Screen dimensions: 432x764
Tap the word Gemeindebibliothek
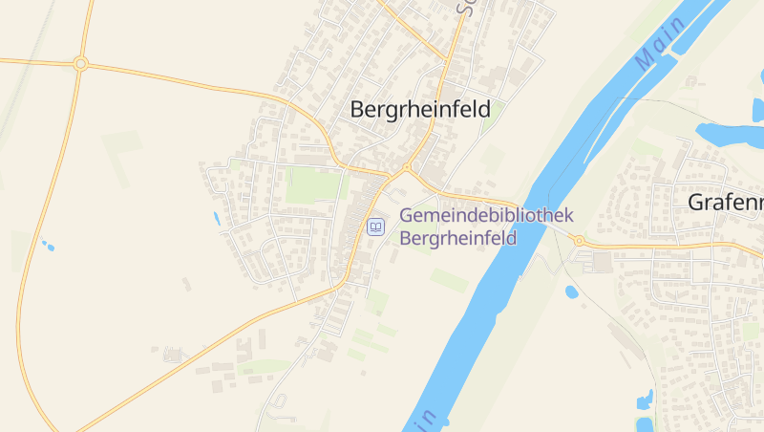click(486, 216)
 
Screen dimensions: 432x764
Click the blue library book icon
click(375, 227)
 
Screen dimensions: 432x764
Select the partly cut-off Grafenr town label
click(726, 203)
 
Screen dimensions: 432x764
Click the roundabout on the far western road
click(80, 64)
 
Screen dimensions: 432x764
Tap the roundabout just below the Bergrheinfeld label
click(407, 167)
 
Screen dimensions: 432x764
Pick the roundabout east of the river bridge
click(579, 240)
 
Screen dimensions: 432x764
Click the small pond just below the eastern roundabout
click(571, 292)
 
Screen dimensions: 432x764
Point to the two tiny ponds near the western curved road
click(46, 245)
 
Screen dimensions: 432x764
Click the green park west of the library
click(312, 185)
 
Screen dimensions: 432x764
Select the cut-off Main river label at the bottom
click(425, 421)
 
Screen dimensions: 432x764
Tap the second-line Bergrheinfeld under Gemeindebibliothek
click(457, 238)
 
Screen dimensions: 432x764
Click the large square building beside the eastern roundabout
click(601, 261)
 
